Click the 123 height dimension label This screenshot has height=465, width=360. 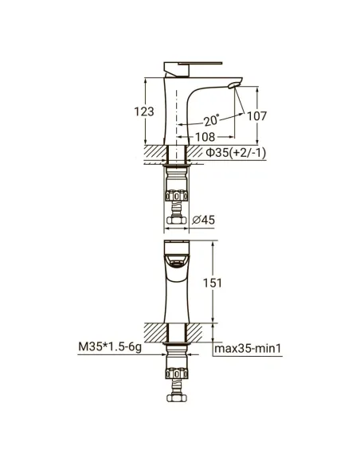144,111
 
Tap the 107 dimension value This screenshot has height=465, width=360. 256,116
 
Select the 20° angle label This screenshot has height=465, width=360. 212,120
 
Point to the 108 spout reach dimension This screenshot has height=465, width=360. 205,137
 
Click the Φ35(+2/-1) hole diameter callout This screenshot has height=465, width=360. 236,153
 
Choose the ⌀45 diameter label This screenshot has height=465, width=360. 203,220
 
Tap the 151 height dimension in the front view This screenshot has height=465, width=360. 213,283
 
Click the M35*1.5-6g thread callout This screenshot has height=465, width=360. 110,346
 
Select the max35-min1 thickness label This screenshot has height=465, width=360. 248,348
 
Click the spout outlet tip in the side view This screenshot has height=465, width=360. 233,86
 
